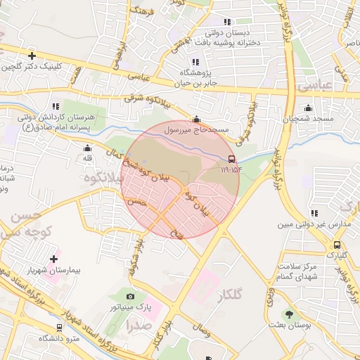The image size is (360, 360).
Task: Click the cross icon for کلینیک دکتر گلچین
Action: [x=32, y=56]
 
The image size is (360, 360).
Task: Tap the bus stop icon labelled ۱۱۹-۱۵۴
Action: [x=232, y=159]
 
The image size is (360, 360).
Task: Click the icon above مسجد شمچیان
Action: [x=308, y=108]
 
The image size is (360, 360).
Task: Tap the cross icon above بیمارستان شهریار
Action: [x=53, y=259]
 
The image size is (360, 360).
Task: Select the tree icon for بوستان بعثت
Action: [x=288, y=314]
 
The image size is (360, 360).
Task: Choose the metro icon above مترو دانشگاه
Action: [x=58, y=328]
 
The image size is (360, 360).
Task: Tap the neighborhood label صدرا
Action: [x=138, y=326]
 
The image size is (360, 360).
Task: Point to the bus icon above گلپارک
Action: [x=337, y=245]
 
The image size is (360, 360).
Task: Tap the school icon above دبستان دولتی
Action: [x=226, y=22]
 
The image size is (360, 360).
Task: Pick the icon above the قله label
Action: [x=87, y=148]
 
